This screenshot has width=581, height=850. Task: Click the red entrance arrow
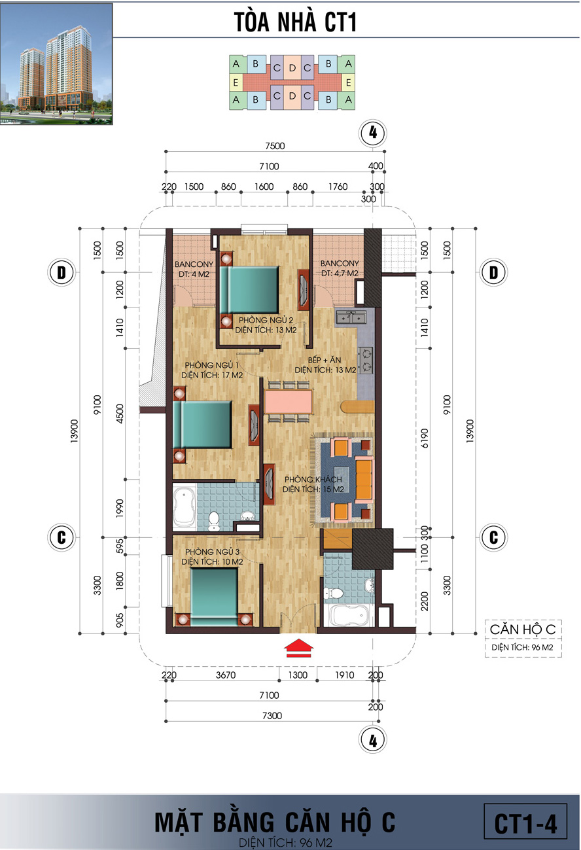point(298,648)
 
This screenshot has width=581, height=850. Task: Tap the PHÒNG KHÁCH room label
point(313,485)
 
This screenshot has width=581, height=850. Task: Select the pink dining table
point(288,402)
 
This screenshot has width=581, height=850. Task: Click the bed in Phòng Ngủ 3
point(214,597)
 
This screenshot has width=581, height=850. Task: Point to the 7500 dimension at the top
point(275,146)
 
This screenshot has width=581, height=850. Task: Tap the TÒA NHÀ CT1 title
point(295,22)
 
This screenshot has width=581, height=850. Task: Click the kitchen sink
point(351,317)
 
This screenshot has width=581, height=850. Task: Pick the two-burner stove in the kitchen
point(365,361)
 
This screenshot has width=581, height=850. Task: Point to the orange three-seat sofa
point(364,481)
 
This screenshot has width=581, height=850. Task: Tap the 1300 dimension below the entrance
point(298,675)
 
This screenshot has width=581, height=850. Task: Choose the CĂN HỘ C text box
point(523,638)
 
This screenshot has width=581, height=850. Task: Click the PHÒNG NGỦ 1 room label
point(212,370)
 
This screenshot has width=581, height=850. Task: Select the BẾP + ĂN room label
point(325,364)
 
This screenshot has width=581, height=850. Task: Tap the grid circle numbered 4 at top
point(373,133)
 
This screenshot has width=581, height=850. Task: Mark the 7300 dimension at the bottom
point(272,716)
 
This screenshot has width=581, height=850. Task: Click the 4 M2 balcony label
point(194,269)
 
